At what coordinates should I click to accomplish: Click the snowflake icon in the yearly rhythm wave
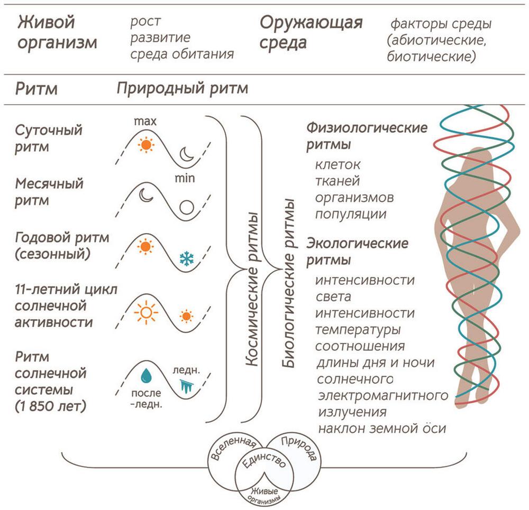coord(186,258)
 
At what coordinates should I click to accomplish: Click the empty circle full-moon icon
coord(186,207)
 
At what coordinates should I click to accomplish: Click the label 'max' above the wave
coord(145,122)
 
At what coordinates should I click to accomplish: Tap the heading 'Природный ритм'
coord(183,88)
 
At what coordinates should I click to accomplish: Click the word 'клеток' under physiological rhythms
coord(338,164)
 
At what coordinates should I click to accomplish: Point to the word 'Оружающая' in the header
coord(311,23)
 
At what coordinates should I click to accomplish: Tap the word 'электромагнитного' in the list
coord(382,395)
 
